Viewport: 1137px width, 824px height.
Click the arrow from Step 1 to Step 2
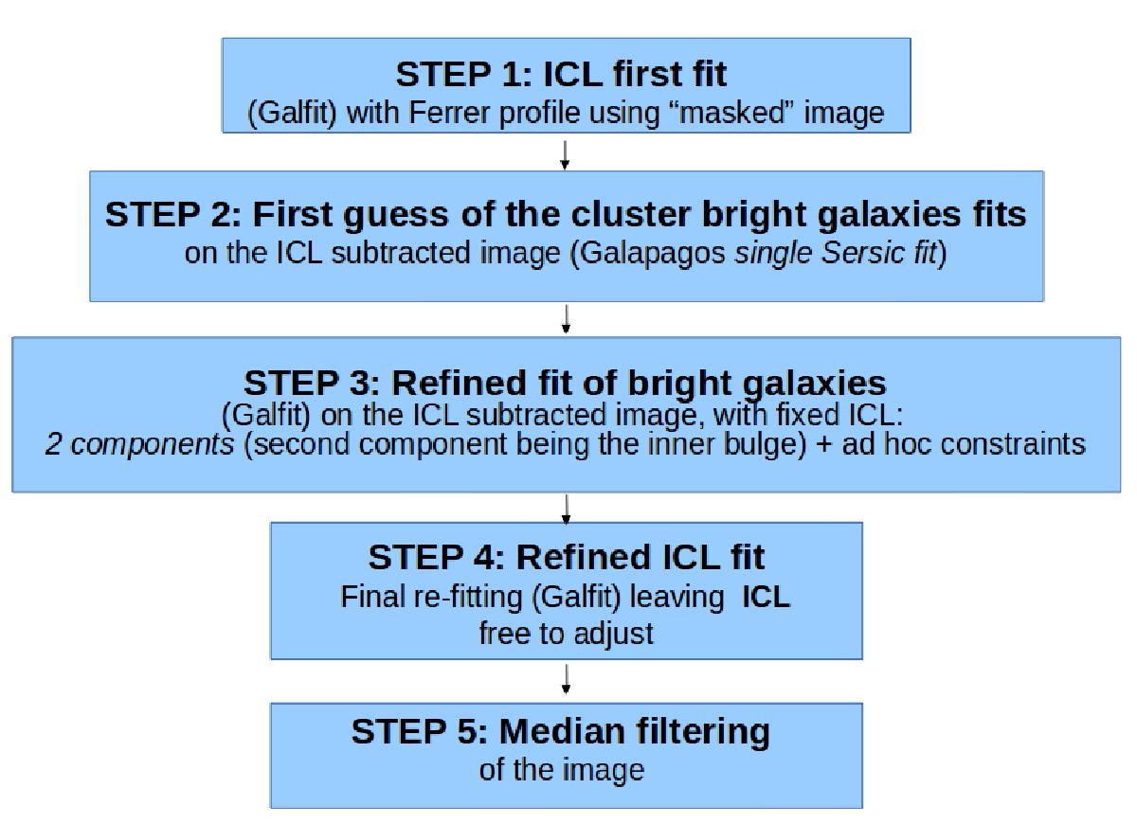click(565, 154)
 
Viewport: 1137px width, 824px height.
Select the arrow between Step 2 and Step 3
click(566, 319)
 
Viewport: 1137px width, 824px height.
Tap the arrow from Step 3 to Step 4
click(566, 510)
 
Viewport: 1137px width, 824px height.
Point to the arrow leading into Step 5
click(566, 679)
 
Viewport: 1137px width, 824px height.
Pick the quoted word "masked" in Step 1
click(732, 112)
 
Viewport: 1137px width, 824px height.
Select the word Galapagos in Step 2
click(652, 253)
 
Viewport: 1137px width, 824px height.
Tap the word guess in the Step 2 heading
click(396, 215)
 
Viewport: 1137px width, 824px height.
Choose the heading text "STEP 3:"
click(312, 383)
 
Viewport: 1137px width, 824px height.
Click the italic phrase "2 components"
click(139, 445)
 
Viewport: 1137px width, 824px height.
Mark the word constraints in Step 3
click(1013, 444)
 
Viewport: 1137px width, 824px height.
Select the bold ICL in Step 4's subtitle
click(766, 597)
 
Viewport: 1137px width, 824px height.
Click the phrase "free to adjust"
click(566, 635)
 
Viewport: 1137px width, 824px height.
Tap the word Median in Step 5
click(562, 731)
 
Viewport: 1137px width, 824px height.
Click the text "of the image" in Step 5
click(561, 770)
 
